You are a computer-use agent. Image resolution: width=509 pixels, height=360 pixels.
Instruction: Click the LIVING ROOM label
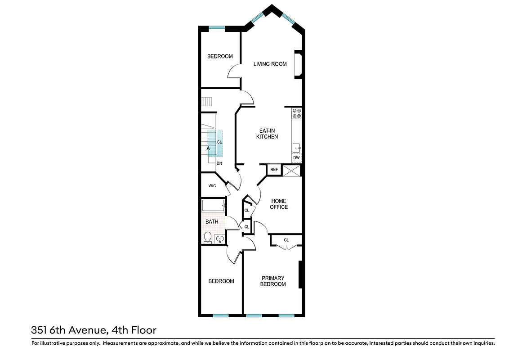(270, 64)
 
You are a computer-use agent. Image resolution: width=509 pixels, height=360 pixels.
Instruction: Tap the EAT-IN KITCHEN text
(267, 133)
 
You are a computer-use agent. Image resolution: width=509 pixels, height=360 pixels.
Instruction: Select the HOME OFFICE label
(279, 204)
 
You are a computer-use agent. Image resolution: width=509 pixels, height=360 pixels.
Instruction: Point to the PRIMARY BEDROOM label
(273, 281)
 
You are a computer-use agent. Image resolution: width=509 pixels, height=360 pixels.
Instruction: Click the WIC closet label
(212, 186)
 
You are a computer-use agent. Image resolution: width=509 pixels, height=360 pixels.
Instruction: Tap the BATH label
(212, 222)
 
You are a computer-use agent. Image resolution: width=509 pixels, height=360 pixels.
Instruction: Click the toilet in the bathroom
(208, 237)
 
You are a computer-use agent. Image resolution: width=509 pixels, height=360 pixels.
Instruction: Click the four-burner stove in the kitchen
(296, 113)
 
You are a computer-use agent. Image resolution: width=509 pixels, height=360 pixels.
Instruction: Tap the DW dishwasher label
(296, 158)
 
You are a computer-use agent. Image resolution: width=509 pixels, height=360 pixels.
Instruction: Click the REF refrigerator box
(274, 170)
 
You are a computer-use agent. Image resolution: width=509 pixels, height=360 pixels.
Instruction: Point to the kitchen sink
(296, 148)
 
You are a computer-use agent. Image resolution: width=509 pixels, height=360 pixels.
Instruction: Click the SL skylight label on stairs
(219, 142)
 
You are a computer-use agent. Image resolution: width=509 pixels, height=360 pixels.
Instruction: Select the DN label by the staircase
(219, 163)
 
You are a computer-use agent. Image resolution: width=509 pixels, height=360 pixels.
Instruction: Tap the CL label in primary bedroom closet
(286, 240)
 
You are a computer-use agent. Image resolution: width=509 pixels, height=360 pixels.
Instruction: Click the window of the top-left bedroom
(217, 28)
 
